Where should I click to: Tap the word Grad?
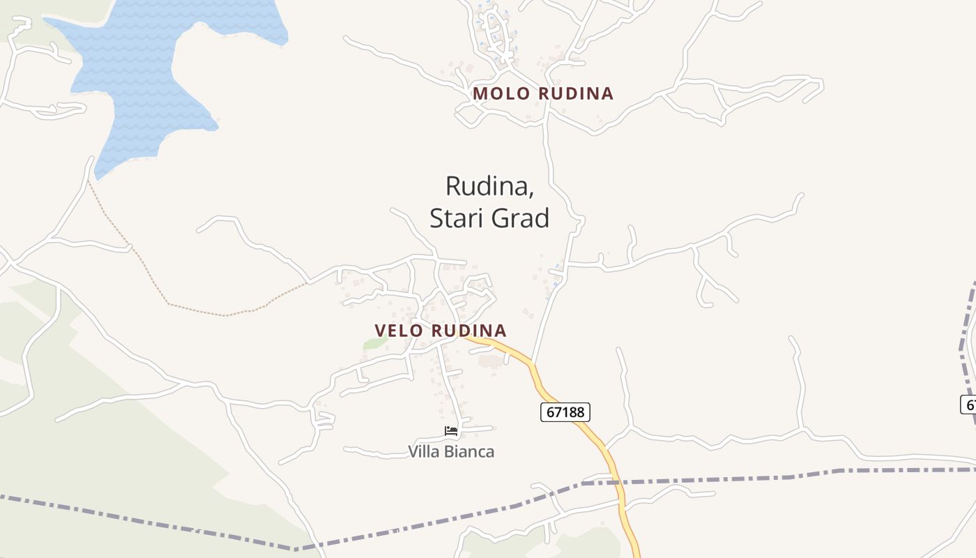521,218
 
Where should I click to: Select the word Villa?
424,451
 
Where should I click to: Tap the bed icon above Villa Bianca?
451,431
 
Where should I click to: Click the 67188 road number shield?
565,412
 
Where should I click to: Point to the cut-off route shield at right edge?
968,404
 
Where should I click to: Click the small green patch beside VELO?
374,342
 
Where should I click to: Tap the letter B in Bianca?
451,451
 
